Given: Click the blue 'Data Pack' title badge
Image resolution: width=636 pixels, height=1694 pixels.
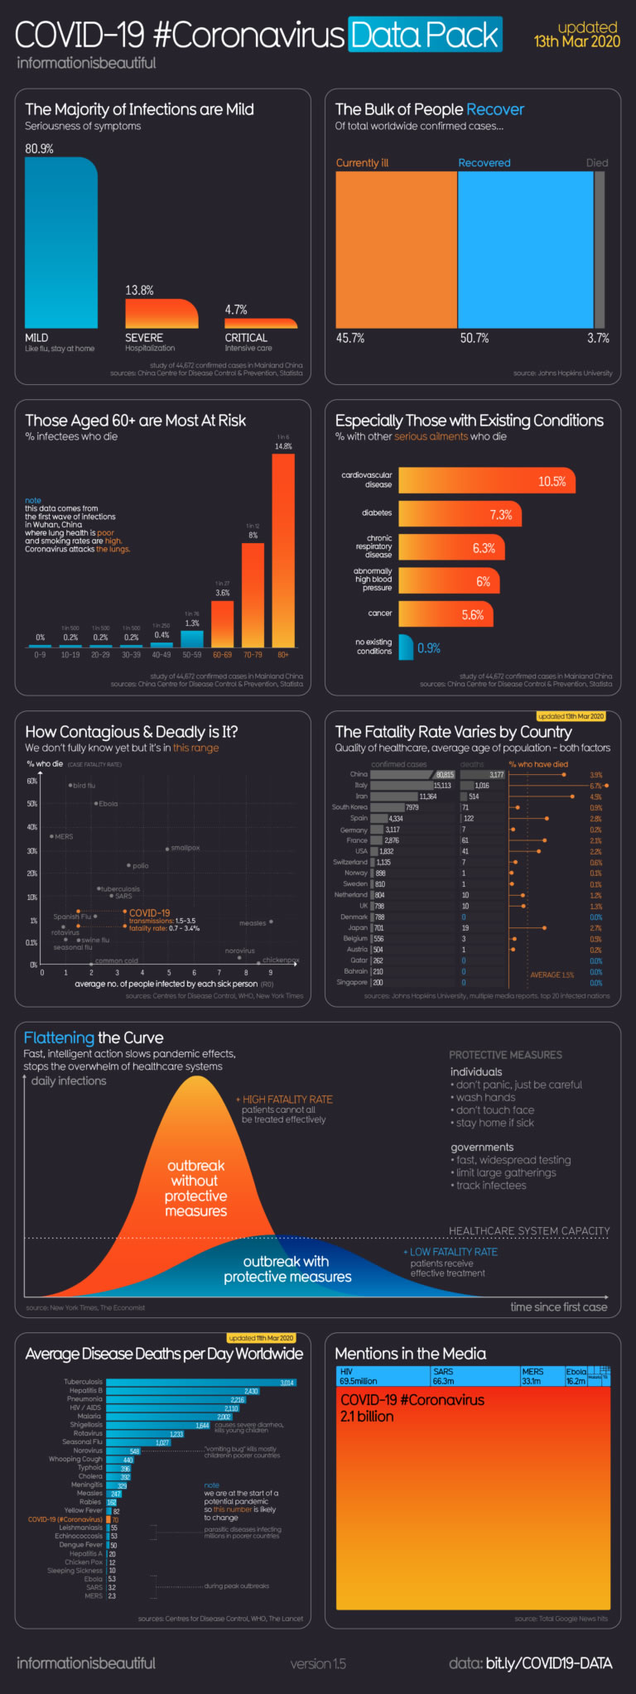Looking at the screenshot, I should pos(425,35).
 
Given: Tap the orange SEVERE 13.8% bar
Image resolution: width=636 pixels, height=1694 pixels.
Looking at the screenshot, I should pos(161,314).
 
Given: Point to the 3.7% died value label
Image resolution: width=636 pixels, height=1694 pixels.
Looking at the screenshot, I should pos(598,338).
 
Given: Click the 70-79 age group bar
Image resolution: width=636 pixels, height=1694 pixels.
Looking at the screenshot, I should pos(253,594).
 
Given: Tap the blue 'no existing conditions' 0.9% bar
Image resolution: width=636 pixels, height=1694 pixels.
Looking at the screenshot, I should pos(406,647).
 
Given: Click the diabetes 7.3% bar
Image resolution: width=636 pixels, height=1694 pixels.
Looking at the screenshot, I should pos(459,514).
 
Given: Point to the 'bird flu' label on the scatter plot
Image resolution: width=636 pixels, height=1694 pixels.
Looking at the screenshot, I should pos(84,785).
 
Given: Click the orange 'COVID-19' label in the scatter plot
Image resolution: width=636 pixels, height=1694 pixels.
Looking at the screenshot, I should pos(150,912).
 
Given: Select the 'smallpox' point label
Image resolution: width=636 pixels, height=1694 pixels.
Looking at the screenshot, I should pos(185,848).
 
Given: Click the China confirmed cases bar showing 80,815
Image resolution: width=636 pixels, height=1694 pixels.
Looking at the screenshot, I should pos(412,775).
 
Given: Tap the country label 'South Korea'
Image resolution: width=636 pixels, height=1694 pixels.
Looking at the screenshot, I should pos(349,807).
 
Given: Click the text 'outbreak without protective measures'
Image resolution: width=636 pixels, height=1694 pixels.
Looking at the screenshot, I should pos(195,1188).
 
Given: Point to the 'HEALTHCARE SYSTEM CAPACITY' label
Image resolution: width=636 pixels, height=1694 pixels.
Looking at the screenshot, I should pos(528,1231).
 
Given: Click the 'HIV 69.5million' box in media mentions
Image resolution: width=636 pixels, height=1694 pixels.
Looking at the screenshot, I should pos(383,1376).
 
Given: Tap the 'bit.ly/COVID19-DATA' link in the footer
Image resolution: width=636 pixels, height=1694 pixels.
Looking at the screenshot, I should pos(548,1663).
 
